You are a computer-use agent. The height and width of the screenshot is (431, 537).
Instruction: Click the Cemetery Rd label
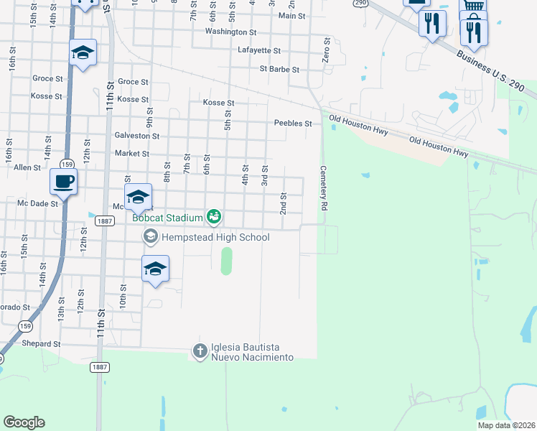coord(324,187)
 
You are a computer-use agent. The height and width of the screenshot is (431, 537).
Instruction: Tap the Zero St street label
coord(326,50)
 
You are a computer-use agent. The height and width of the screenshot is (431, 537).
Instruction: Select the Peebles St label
coord(293,124)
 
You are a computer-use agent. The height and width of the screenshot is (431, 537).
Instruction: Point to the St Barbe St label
coord(279,70)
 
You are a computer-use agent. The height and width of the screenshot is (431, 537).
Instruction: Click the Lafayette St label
coord(258,51)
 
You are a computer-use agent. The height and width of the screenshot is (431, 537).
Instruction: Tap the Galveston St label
coord(136,136)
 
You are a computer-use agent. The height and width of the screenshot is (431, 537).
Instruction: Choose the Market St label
coord(131,154)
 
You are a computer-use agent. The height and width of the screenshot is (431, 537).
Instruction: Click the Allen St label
coord(27,167)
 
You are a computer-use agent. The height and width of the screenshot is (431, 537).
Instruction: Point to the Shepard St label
coord(40,344)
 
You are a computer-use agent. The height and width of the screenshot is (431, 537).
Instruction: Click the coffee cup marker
coord(63,181)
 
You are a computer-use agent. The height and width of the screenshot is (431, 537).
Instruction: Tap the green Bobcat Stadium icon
coord(213,215)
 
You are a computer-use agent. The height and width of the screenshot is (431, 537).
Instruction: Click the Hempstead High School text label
coord(215,237)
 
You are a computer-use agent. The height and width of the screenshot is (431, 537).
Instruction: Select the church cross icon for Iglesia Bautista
coord(200,351)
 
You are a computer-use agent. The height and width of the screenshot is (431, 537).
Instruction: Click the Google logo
coord(24,423)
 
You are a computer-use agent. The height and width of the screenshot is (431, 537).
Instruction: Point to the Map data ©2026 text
coord(506,425)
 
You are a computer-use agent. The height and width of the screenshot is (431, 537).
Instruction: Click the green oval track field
coord(226,261)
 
